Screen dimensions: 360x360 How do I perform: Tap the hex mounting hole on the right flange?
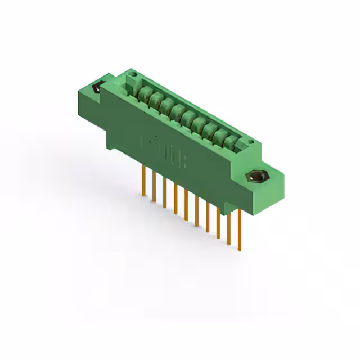256,177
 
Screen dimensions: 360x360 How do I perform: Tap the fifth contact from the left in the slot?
188,118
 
